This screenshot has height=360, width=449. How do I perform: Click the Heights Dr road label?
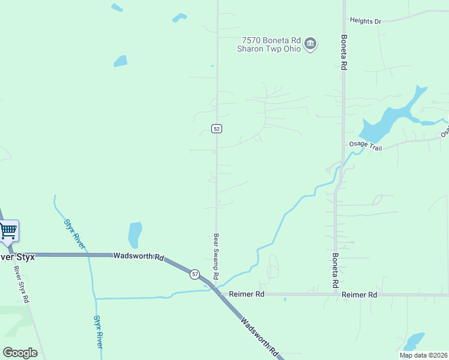click(366, 21)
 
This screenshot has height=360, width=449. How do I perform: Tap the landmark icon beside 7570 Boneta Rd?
click(310, 44)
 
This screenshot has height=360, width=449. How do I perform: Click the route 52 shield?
click(217, 128)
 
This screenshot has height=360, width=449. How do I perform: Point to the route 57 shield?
click(194, 274)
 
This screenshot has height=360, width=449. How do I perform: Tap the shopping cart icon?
click(8, 230)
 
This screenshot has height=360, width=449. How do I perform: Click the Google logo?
click(20, 352)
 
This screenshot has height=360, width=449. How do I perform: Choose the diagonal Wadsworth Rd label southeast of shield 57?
click(259, 337)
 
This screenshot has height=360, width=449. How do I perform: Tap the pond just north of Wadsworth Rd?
click(135, 234)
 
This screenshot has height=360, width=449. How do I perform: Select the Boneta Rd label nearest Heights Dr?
click(344, 52)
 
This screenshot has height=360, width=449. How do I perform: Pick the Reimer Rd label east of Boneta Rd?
click(359, 295)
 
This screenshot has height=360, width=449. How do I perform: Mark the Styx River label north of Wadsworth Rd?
click(74, 234)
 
